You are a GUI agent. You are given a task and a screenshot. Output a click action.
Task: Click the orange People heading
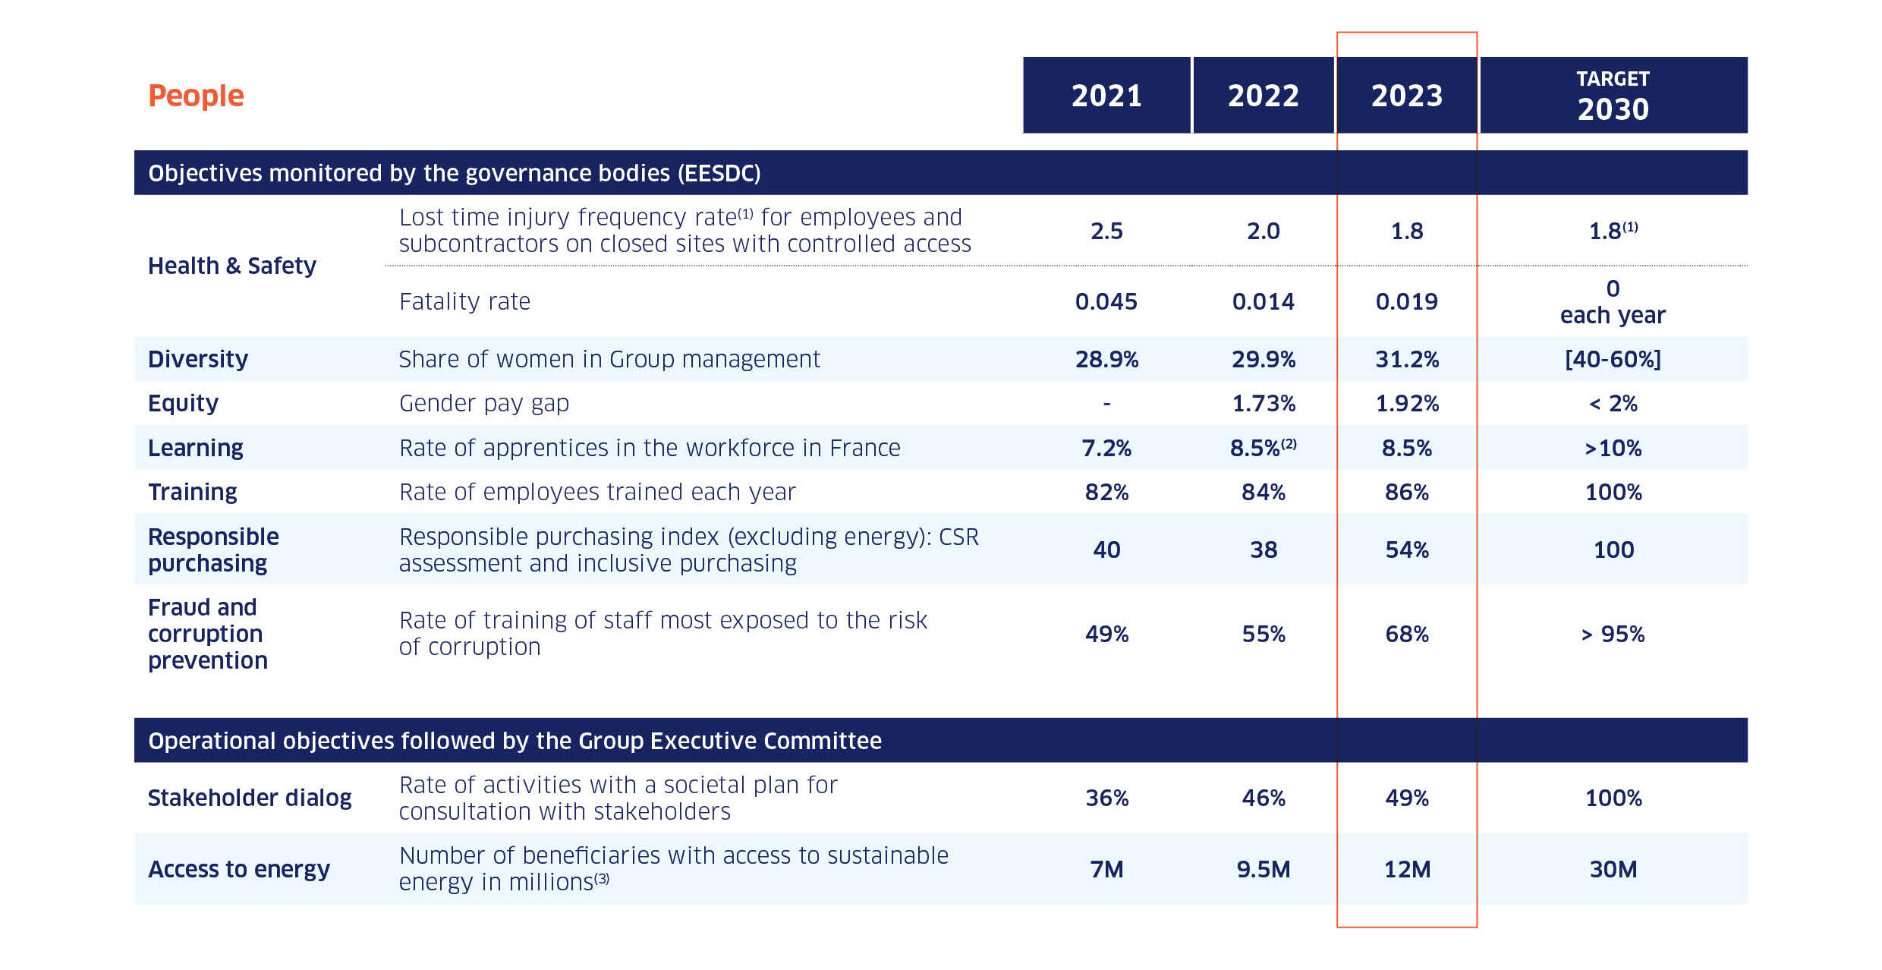click(196, 96)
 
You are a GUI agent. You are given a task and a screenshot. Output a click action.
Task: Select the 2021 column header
click(1106, 96)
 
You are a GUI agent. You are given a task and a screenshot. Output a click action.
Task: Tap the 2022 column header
click(1263, 96)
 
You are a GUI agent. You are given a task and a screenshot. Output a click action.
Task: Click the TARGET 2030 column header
click(1613, 96)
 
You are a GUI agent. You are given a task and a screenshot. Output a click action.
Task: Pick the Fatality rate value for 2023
click(1406, 301)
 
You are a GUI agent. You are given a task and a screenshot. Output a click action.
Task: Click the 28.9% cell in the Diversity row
click(1106, 359)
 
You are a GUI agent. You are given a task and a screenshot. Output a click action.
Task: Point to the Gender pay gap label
click(483, 403)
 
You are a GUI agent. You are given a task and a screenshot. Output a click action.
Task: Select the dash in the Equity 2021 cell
click(1106, 404)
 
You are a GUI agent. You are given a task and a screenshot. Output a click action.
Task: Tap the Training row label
click(193, 492)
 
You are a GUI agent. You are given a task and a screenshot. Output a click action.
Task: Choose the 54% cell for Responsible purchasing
click(1406, 550)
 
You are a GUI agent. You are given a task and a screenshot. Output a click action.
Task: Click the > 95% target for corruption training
click(1613, 634)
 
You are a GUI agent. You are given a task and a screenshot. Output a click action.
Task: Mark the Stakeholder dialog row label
click(250, 798)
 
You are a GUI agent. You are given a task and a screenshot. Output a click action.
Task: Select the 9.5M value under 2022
click(1263, 869)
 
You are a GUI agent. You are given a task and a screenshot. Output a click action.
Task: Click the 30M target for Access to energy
click(1613, 869)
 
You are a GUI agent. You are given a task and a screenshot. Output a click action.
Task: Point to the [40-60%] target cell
click(1613, 359)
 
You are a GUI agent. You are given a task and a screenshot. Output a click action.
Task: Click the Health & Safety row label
click(232, 266)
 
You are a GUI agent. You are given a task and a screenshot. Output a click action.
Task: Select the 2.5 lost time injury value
click(1106, 231)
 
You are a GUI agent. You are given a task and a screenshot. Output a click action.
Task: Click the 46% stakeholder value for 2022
click(1263, 798)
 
